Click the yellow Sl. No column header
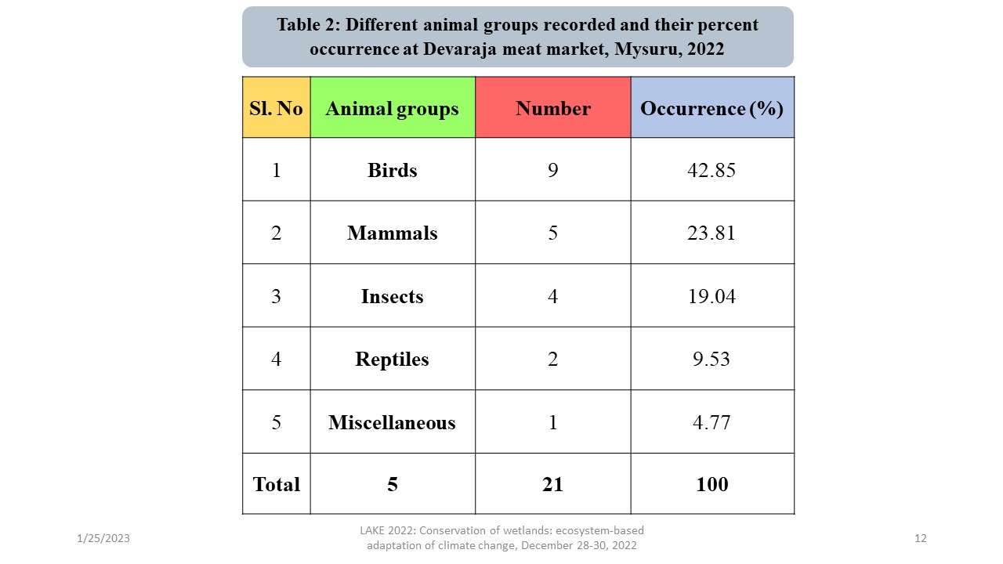[276, 108]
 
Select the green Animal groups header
[392, 108]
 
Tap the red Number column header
[552, 108]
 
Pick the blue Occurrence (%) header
[712, 108]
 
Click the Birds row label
[392, 170]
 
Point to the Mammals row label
[392, 233]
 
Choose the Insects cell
[392, 296]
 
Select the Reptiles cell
[392, 359]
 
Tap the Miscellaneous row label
[392, 422]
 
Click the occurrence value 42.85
[712, 170]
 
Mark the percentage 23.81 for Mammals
[712, 233]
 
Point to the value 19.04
[712, 296]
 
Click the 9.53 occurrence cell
[712, 359]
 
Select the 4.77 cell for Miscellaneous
[712, 422]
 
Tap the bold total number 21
[552, 484]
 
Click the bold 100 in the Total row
[712, 484]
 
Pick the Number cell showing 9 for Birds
[552, 170]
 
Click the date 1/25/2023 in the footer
[103, 539]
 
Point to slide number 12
[920, 539]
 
